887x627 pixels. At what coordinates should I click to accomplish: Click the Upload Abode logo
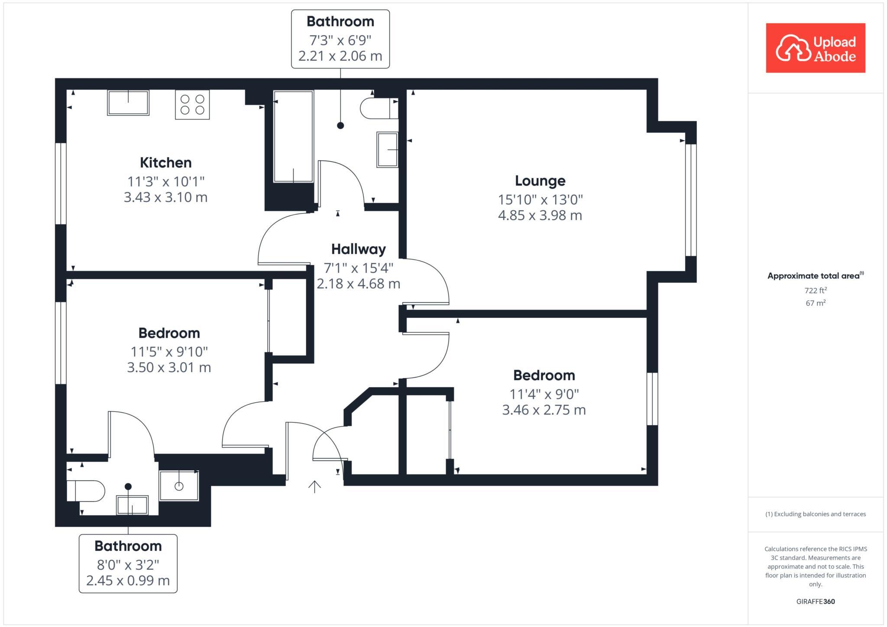pos(815,48)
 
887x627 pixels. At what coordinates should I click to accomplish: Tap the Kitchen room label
pos(165,163)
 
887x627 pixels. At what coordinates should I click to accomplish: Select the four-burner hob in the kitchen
pos(192,104)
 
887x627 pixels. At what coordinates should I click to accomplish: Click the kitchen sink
pos(128,103)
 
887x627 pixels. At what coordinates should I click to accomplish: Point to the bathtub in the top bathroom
pos(293,136)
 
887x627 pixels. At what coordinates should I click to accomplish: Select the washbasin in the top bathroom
pos(387,149)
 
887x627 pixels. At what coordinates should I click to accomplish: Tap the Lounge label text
pos(540,181)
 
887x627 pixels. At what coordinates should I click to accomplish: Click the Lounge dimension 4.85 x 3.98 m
pos(540,215)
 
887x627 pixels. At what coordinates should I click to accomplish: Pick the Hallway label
pos(358,249)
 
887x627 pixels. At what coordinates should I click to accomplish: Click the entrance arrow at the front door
pos(314,487)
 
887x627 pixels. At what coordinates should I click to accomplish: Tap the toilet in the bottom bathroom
pos(86,491)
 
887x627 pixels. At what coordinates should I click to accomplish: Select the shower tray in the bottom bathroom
pos(179,486)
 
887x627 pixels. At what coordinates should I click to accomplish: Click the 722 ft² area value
pos(816,290)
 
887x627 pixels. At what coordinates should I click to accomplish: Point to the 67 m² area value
pos(816,303)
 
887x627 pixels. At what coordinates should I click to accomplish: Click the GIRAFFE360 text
pos(816,601)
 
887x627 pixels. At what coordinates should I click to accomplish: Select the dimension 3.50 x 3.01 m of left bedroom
pos(169,368)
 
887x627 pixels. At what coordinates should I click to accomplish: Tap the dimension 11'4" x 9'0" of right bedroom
pos(544,394)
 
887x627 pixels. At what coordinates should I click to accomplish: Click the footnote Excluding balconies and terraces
pos(816,514)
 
